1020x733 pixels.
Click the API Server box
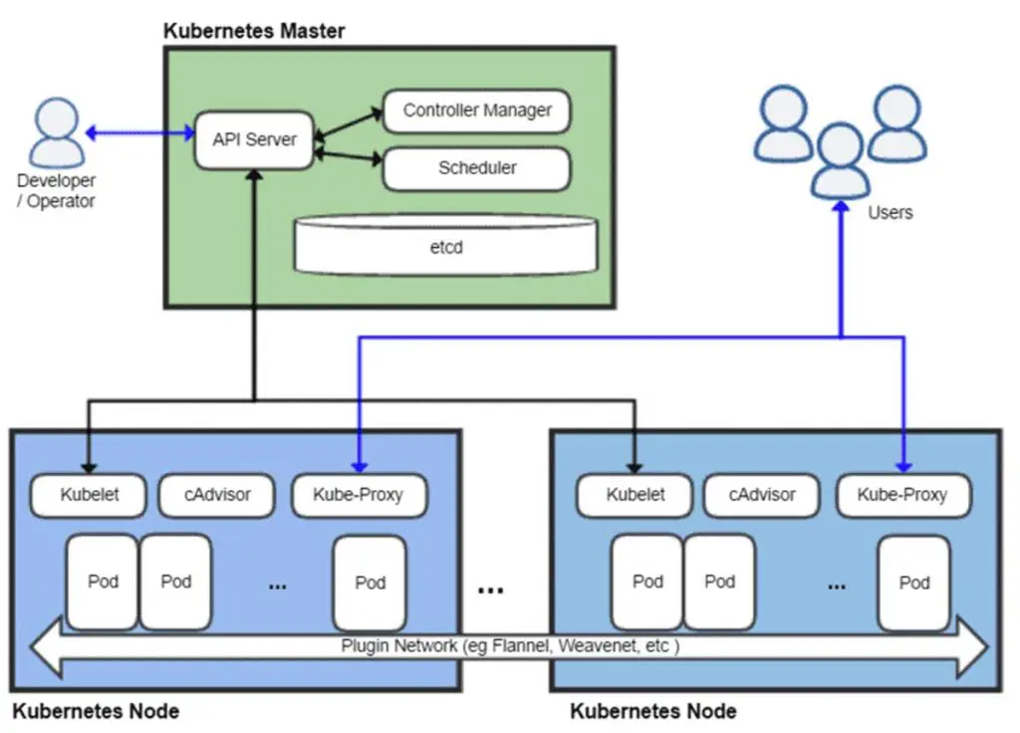[x=254, y=139]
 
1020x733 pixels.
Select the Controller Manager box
[x=476, y=111]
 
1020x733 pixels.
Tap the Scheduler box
[x=476, y=168]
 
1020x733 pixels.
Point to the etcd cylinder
[x=447, y=245]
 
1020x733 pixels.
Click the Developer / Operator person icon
[x=56, y=132]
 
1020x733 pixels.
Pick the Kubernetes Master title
[x=254, y=31]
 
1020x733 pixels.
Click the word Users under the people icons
[x=890, y=212]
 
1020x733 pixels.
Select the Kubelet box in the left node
[x=89, y=494]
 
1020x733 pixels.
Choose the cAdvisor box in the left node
[x=217, y=494]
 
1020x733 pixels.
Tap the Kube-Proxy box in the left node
[x=359, y=494]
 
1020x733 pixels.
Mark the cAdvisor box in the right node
[x=762, y=494]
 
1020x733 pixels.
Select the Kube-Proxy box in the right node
[x=902, y=494]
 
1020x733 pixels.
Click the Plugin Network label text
[x=510, y=645]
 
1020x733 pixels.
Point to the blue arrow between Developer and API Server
[x=139, y=132]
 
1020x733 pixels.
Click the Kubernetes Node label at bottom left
[x=96, y=711]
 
